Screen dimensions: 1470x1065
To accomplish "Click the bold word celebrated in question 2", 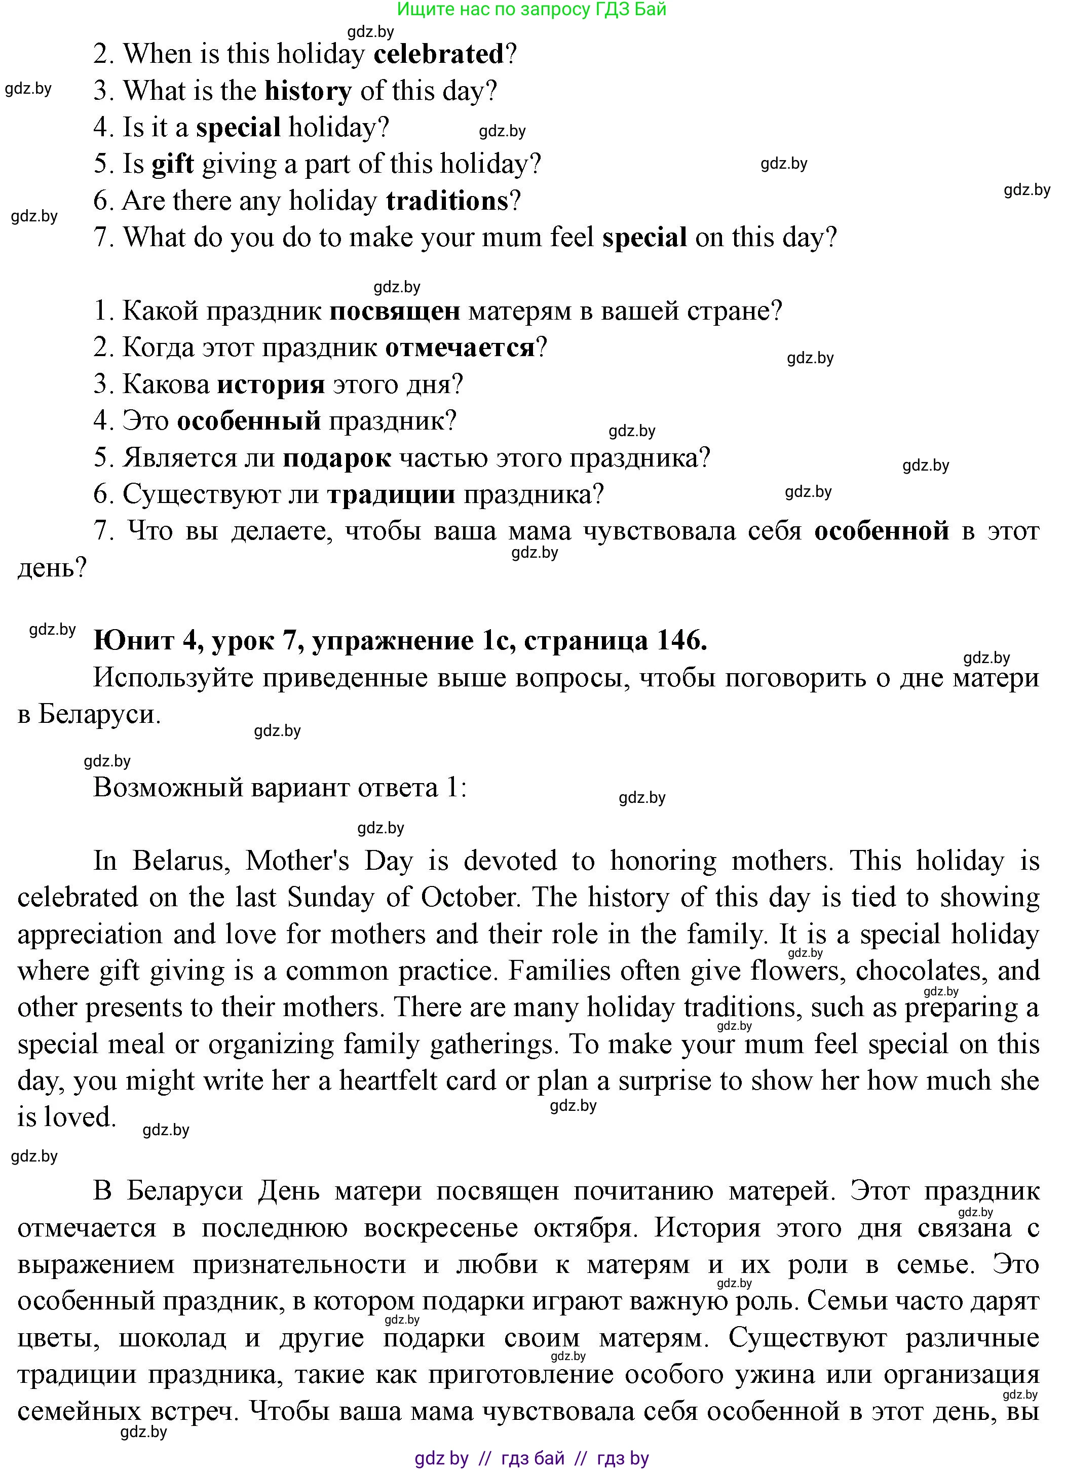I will tap(439, 54).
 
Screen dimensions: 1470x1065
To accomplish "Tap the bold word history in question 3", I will tap(308, 91).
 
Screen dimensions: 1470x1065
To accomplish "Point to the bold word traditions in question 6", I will tap(447, 201).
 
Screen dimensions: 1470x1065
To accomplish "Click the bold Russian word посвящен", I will tap(395, 311).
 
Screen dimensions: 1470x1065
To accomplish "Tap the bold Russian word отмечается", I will tap(460, 348).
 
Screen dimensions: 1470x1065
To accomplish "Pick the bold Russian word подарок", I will tap(337, 458).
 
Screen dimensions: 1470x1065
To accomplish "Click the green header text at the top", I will tap(531, 9).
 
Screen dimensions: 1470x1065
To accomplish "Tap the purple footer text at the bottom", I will tap(531, 1458).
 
